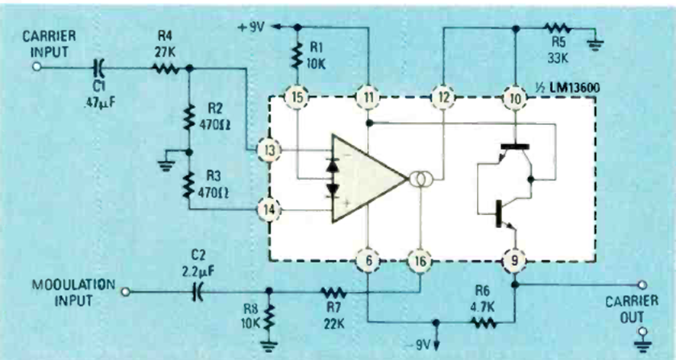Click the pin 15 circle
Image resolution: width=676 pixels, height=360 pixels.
[x=296, y=97]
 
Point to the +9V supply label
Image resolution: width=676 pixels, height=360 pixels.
[x=254, y=27]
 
